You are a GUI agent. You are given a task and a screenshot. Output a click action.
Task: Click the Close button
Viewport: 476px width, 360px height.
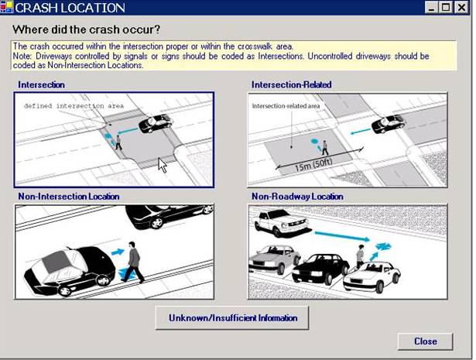425,341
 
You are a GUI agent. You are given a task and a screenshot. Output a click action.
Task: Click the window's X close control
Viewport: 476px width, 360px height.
462,7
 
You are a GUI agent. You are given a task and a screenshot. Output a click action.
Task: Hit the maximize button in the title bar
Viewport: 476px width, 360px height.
447,7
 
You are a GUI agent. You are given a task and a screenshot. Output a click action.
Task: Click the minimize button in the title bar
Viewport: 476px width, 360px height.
431,7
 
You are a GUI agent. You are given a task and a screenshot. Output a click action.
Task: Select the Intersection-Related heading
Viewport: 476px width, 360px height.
292,84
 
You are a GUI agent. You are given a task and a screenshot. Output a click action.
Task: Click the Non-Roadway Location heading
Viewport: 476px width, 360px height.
297,197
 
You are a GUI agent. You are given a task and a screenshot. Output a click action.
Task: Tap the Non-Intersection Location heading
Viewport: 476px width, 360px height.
69,197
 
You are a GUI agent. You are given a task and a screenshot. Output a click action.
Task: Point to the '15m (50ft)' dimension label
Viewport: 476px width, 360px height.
313,165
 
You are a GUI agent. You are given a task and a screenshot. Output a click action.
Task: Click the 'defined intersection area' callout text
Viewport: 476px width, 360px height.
74,106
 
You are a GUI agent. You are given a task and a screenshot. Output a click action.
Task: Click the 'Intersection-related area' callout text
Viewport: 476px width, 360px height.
286,106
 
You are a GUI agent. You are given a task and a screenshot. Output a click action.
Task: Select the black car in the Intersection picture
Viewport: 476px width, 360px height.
156,123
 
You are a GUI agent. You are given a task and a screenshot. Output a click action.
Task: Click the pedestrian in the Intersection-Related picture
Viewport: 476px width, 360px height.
325,148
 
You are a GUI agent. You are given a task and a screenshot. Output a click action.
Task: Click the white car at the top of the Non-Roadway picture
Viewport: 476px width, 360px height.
282,223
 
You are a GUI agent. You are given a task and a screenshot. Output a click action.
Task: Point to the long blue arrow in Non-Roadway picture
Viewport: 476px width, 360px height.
342,236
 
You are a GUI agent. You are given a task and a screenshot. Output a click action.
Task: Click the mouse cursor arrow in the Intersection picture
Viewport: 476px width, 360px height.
162,165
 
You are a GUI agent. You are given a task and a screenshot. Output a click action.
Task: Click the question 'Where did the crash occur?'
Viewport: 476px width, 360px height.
86,29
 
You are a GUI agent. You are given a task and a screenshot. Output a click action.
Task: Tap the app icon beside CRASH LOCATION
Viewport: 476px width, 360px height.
7,7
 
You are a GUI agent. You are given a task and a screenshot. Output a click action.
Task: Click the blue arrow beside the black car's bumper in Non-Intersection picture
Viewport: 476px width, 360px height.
118,252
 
